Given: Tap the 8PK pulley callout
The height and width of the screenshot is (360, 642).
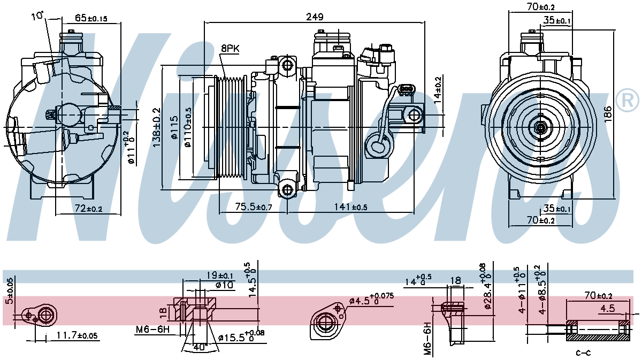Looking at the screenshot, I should (230, 48).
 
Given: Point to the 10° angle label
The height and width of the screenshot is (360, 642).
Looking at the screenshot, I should (37, 16).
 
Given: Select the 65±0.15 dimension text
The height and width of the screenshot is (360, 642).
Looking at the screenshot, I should (91, 18).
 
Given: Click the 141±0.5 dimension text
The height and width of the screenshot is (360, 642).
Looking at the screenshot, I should (350, 207).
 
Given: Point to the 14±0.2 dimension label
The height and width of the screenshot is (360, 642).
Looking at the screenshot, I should (438, 90).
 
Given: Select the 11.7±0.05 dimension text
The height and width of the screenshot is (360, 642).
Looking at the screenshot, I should (78, 335).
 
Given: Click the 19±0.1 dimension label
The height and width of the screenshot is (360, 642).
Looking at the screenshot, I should (219, 275).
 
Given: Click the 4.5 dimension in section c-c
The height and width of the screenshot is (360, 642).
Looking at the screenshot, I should (607, 308).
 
